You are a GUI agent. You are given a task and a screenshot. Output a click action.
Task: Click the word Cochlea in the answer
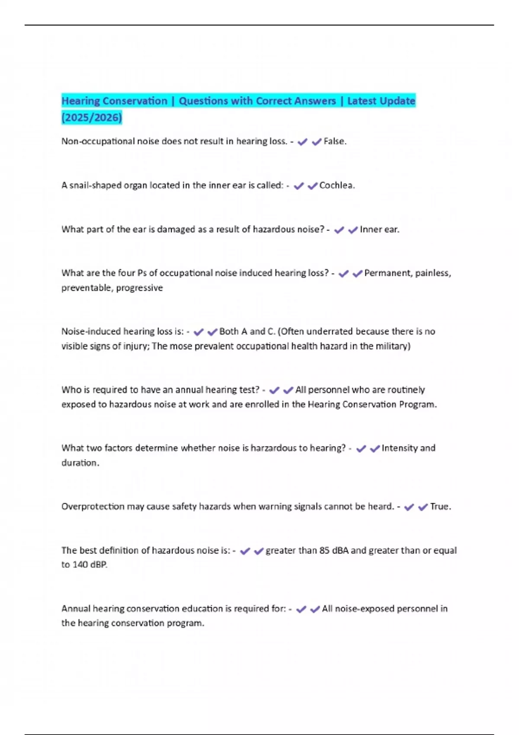336,185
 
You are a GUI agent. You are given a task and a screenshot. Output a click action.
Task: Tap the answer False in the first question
334,141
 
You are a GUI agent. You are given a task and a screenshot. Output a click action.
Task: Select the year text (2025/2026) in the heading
92,117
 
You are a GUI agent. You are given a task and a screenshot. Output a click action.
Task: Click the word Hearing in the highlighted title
80,101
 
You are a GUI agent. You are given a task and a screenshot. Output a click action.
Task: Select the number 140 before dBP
80,565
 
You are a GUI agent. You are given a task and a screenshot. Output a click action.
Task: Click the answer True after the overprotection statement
439,506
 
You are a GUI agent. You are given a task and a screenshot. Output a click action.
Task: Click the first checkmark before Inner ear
339,230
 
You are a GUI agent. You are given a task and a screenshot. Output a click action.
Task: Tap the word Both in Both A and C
229,332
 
